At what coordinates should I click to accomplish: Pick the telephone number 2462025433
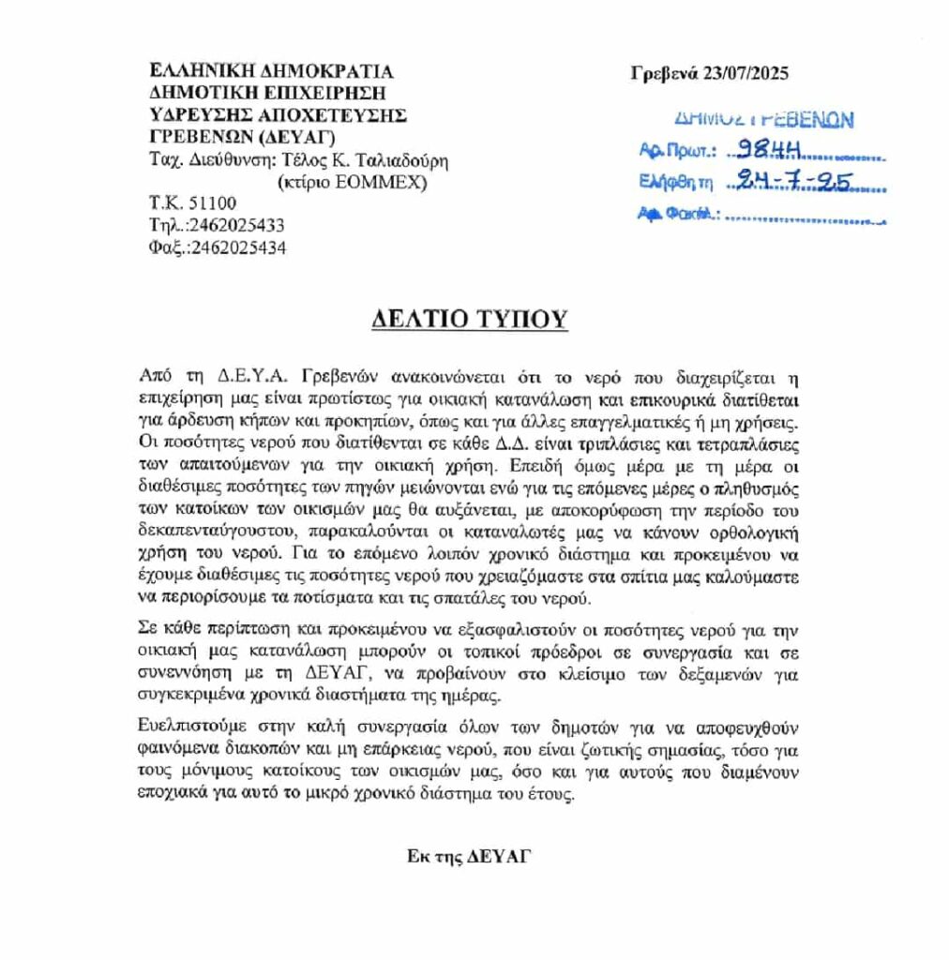pos(237,226)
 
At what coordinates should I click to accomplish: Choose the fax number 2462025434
pos(238,248)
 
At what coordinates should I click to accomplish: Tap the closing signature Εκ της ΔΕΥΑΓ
pos(468,855)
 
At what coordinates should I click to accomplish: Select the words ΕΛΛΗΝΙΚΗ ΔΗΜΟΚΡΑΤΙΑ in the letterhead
pos(271,71)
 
